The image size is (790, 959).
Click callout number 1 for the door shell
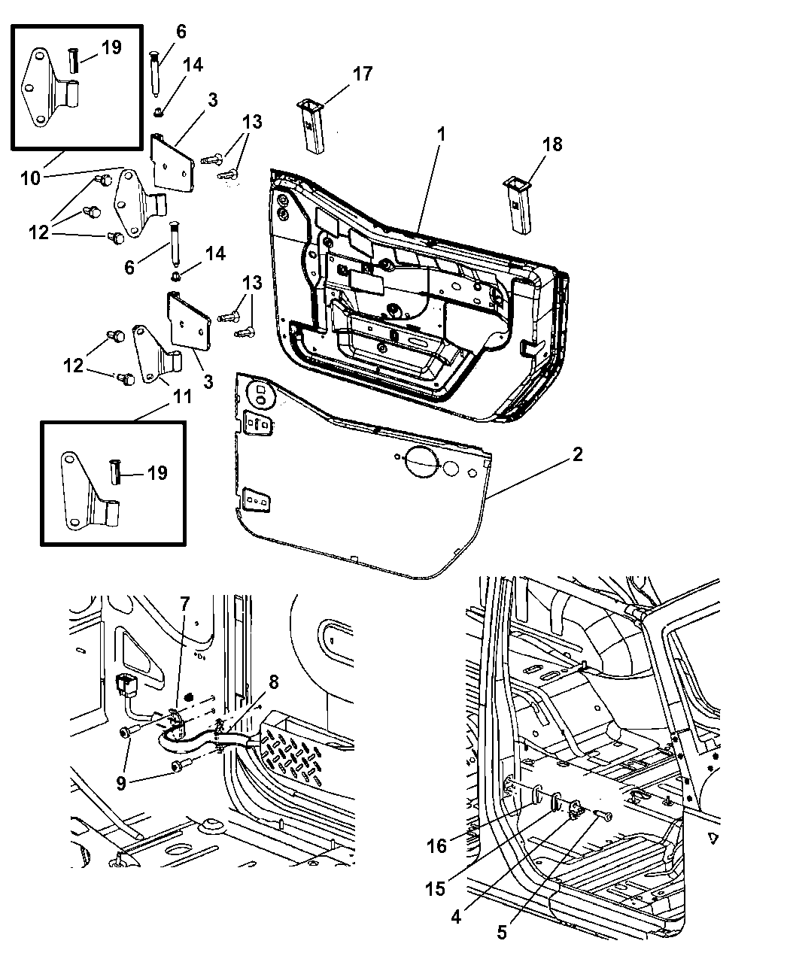[x=441, y=135]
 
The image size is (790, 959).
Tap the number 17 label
[x=363, y=74]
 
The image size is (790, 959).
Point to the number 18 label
[x=552, y=144]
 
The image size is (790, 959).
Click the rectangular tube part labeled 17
[x=312, y=126]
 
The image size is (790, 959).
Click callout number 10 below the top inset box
[x=30, y=178]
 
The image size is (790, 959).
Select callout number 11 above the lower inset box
[x=182, y=396]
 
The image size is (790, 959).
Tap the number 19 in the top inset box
[x=111, y=47]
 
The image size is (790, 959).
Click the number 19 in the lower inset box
[x=157, y=472]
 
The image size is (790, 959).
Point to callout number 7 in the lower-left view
[x=184, y=604]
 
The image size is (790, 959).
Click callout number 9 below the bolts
[x=121, y=783]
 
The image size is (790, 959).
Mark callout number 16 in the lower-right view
[x=436, y=845]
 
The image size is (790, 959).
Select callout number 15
[x=435, y=889]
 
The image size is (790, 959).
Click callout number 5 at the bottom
[x=502, y=933]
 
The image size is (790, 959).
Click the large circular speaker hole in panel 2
[x=420, y=462]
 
